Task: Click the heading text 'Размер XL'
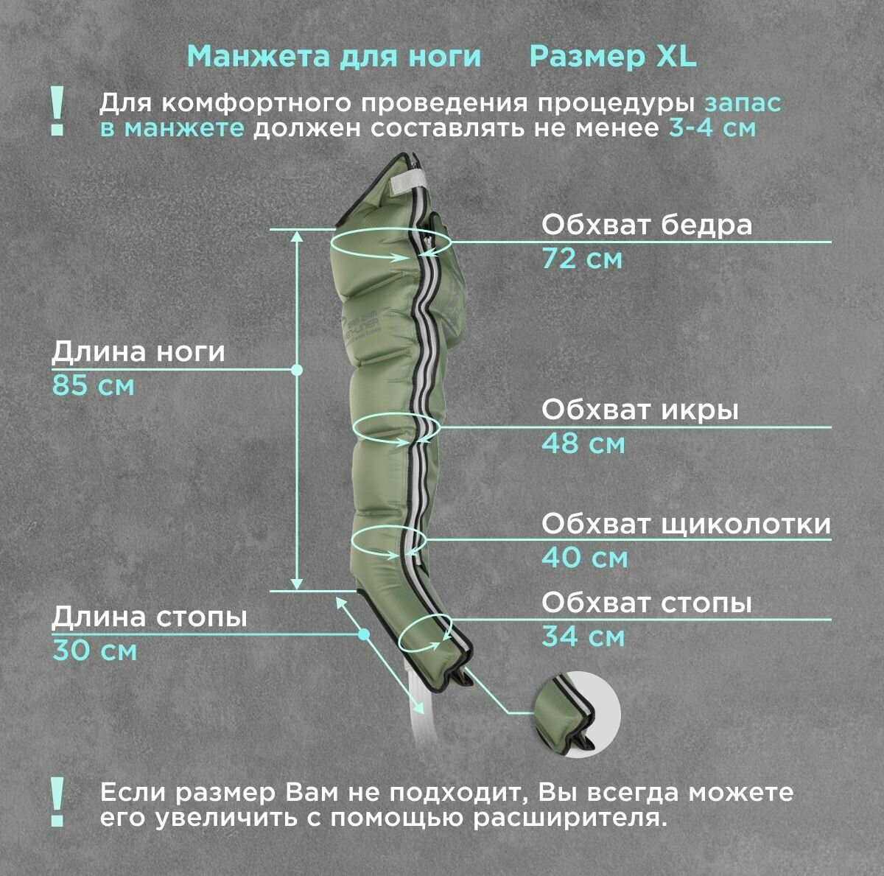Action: [612, 57]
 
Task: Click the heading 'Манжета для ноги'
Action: [334, 57]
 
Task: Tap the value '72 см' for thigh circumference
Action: [582, 259]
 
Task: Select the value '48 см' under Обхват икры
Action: [583, 444]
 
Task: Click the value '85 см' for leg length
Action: [93, 385]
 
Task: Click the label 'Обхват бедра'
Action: [647, 225]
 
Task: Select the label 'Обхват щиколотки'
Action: [686, 524]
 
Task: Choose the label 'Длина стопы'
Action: [149, 617]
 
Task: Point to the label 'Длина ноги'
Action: [138, 352]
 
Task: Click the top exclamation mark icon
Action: [57, 111]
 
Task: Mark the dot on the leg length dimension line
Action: [298, 370]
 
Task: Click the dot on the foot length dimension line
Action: [363, 634]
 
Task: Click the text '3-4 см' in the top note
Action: [712, 128]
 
